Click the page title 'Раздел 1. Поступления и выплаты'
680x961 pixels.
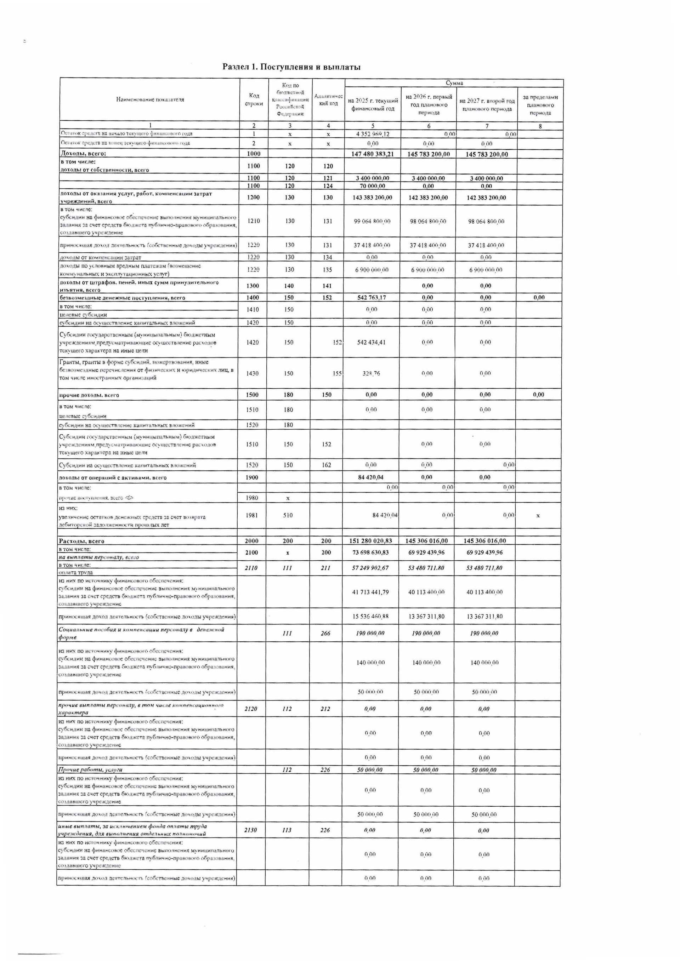291,67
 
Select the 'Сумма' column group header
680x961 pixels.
454,83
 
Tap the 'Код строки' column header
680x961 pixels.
254,99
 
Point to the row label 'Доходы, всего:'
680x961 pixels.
84,154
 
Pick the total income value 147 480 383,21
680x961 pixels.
372,154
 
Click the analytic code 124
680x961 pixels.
328,186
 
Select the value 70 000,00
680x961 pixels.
372,186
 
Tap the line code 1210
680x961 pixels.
253,221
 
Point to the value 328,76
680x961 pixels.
371,373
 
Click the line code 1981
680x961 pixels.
252,515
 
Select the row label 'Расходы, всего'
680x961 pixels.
82,541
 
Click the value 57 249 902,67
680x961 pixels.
371,568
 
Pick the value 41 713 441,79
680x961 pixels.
371,592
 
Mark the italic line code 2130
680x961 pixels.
250,830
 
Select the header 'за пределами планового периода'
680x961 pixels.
540,105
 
